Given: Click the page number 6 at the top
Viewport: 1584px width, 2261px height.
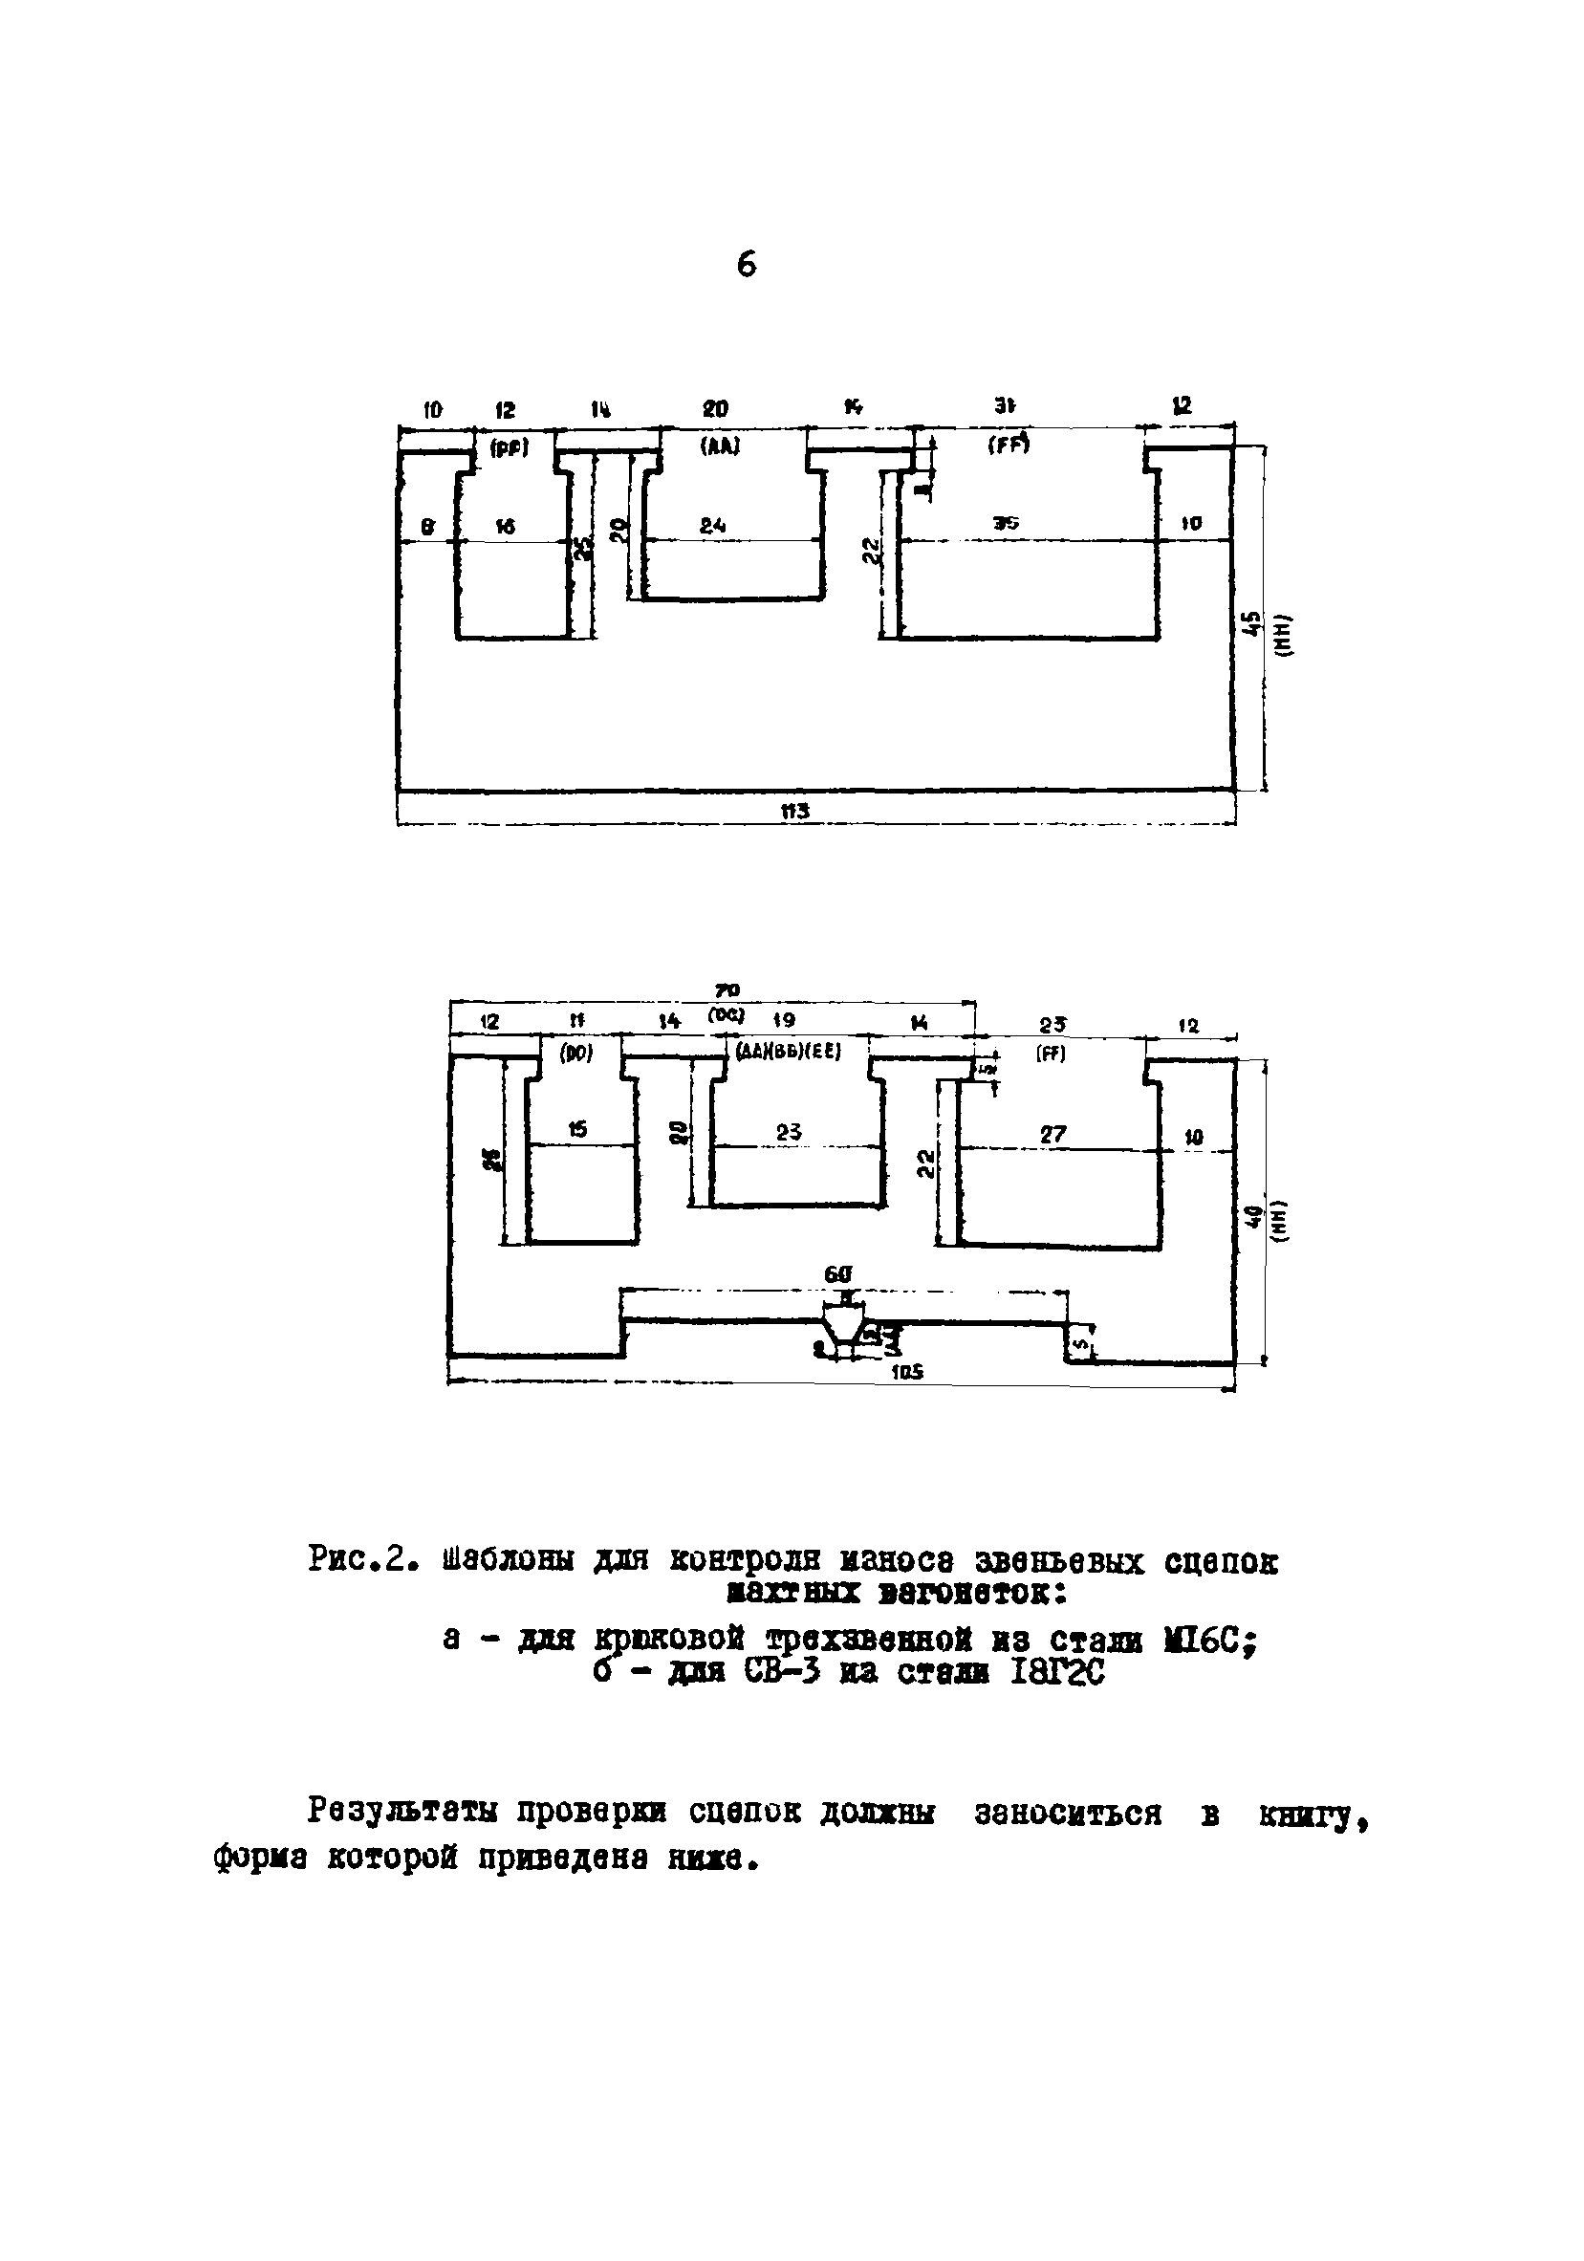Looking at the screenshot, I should tap(747, 265).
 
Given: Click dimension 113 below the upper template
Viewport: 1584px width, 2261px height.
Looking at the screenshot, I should tap(794, 811).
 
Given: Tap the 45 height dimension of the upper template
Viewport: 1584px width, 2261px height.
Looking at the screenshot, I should tap(1250, 623).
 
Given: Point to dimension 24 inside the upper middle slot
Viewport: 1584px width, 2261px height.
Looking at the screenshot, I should tap(713, 527).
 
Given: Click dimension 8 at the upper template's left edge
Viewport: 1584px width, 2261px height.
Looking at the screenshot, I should tap(427, 528).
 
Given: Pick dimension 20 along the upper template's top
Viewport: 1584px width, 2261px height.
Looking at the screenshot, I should tap(716, 407).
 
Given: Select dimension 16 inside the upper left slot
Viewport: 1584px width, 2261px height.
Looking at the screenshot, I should tap(504, 528).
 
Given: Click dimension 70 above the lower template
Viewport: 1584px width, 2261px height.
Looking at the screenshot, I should tap(727, 989).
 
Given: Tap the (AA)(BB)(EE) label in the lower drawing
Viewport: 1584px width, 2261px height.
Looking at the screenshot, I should tap(789, 1051).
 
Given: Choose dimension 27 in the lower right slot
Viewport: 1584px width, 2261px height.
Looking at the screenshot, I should tap(1052, 1134).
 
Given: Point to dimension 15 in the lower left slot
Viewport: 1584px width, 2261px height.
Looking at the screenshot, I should tap(578, 1129).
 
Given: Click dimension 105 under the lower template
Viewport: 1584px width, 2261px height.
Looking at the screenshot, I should tap(906, 1371).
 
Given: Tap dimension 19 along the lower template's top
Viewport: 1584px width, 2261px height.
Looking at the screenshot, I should tap(784, 1020).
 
